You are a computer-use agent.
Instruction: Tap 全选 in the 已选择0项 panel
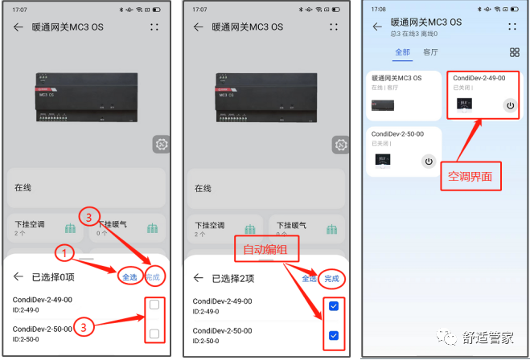click(x=129, y=277)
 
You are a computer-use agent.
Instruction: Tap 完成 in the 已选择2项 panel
click(x=331, y=278)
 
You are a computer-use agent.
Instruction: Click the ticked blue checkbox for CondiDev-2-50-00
click(x=334, y=335)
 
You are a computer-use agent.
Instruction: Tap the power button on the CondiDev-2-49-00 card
click(x=509, y=104)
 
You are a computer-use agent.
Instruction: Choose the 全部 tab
click(x=402, y=52)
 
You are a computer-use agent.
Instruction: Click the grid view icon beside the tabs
click(x=514, y=52)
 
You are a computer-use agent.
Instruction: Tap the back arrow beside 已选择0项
click(x=18, y=278)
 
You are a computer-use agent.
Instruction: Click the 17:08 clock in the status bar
click(x=377, y=10)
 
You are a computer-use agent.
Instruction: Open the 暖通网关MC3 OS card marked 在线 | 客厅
click(x=403, y=95)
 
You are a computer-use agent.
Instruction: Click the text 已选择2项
click(x=233, y=278)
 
